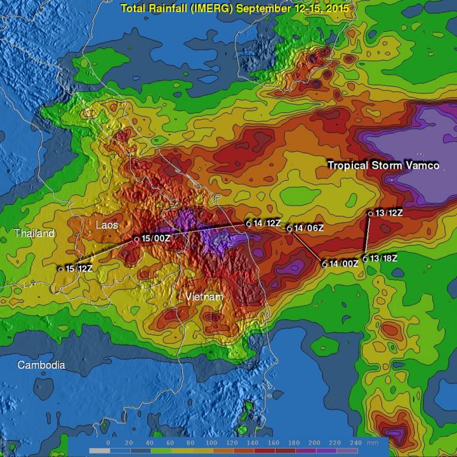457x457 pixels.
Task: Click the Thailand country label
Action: (35, 234)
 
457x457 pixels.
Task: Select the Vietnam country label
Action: (204, 297)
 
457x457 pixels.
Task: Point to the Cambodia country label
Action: (41, 365)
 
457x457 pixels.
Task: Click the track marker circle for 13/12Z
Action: (371, 214)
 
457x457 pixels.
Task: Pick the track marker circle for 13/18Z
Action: (365, 258)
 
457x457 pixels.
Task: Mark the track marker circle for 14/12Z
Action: (249, 224)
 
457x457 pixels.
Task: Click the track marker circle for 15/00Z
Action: (136, 239)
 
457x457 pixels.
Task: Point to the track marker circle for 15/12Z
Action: (61, 269)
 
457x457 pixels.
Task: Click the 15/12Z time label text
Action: (80, 269)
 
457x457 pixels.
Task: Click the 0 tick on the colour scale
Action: (109, 442)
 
